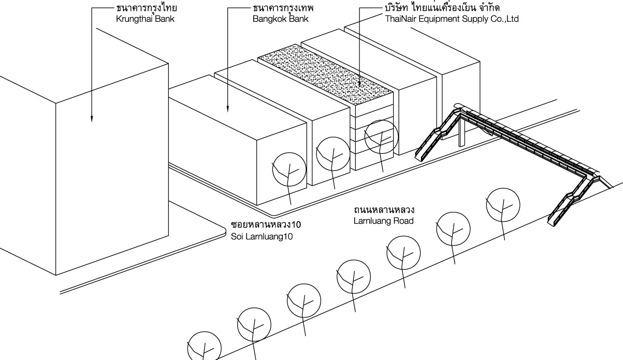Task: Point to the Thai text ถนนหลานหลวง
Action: (x=383, y=211)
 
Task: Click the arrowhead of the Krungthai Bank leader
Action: (x=91, y=119)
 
